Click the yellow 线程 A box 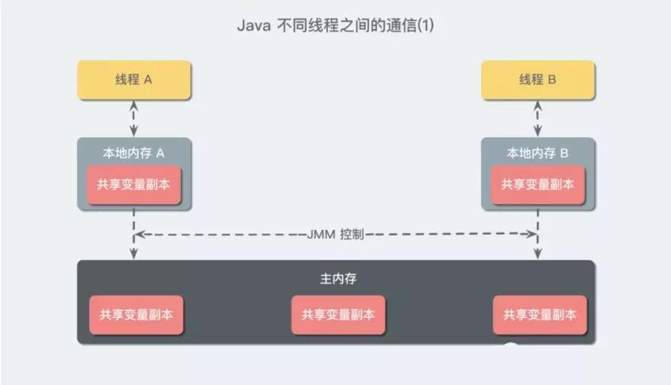pyautogui.click(x=134, y=80)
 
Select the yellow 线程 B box pyautogui.click(x=538, y=80)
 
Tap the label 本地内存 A pyautogui.click(x=133, y=153)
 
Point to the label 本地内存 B pyautogui.click(x=538, y=153)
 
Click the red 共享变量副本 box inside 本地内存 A pyautogui.click(x=134, y=184)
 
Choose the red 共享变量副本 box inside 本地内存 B pyautogui.click(x=538, y=184)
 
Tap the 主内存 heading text pyautogui.click(x=335, y=279)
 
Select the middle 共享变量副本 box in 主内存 pyautogui.click(x=338, y=314)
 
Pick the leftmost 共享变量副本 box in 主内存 pyautogui.click(x=136, y=314)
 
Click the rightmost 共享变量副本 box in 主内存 pyautogui.click(x=540, y=314)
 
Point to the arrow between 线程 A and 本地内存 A pyautogui.click(x=134, y=118)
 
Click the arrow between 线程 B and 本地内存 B pyautogui.click(x=538, y=118)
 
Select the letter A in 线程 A pyautogui.click(x=148, y=80)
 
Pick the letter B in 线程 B pyautogui.click(x=552, y=80)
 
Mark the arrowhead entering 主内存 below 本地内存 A pyautogui.click(x=134, y=255)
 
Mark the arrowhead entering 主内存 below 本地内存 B pyautogui.click(x=538, y=255)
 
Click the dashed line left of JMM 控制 pyautogui.click(x=224, y=234)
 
